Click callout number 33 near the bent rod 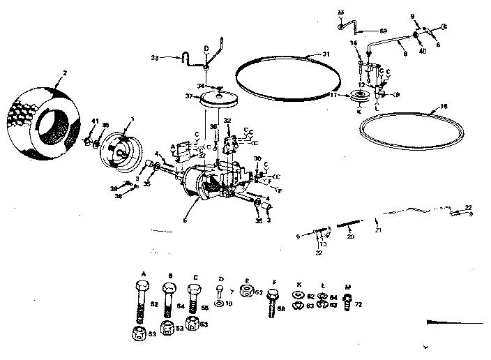click(x=155, y=58)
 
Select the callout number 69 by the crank click(x=382, y=31)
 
